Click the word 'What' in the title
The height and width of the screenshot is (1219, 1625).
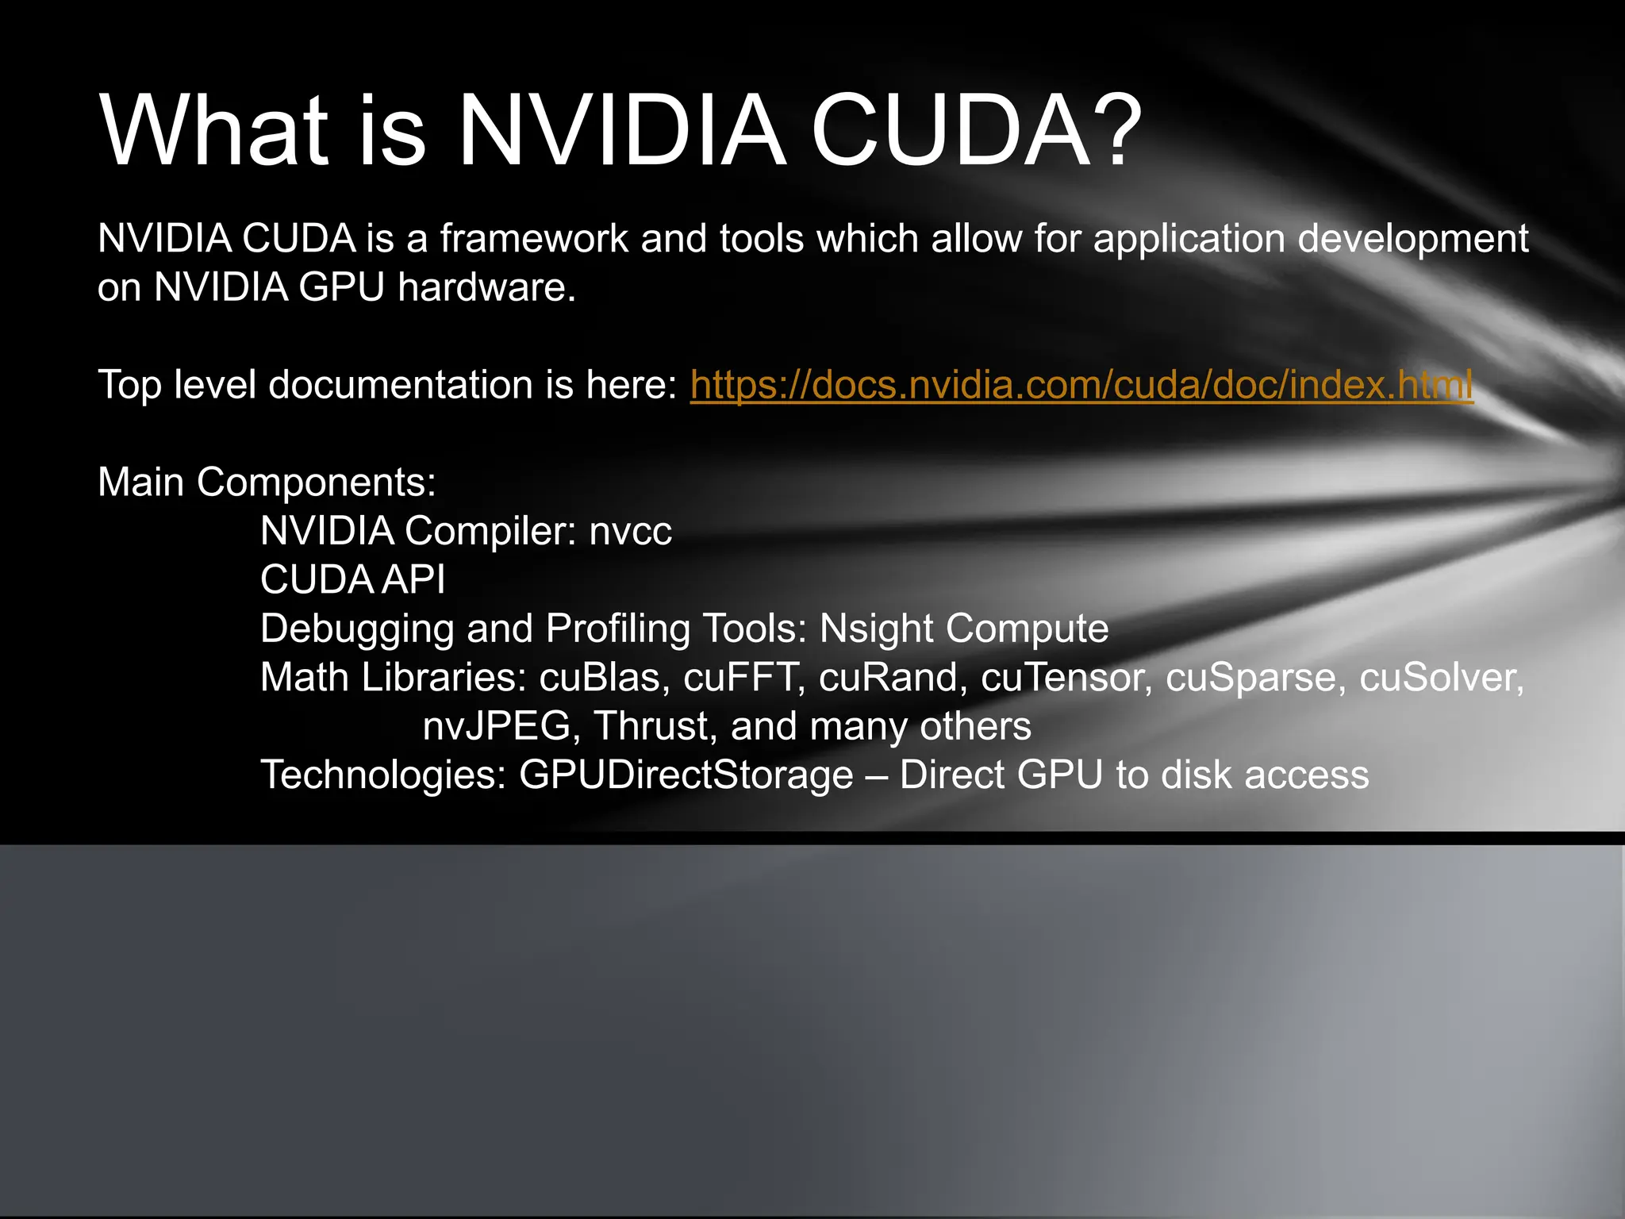click(x=214, y=131)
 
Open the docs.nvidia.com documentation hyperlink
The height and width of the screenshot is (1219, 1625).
click(x=1081, y=385)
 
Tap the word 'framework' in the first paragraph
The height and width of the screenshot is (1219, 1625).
click(x=534, y=239)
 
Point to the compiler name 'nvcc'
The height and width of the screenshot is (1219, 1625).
click(x=630, y=532)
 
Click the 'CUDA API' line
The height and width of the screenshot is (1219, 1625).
click(x=352, y=580)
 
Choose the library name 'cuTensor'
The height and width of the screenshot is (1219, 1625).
click(x=1066, y=678)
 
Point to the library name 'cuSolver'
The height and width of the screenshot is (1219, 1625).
click(x=1441, y=678)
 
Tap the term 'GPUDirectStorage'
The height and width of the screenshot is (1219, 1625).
click(x=686, y=775)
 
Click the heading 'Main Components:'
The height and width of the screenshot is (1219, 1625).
click(x=267, y=483)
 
